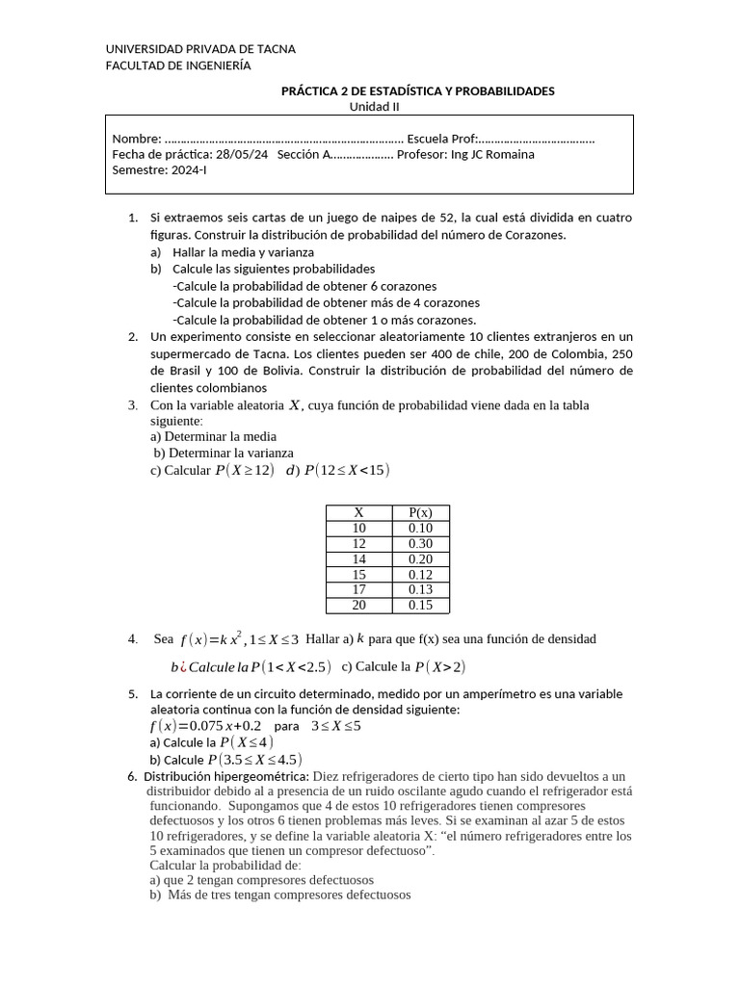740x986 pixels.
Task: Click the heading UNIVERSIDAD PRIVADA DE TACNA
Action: point(200,49)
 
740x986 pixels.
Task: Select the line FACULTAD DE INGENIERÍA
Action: point(177,65)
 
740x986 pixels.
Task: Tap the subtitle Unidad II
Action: point(374,107)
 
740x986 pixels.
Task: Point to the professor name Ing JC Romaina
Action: point(492,154)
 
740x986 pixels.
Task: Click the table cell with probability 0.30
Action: point(420,543)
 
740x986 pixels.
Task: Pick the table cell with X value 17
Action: point(359,589)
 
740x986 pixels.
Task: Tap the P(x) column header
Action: point(420,512)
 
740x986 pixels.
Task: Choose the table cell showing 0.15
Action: point(420,605)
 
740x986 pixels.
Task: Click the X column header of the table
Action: point(359,512)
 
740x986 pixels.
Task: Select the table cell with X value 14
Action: point(359,558)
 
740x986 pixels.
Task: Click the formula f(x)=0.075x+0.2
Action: point(204,725)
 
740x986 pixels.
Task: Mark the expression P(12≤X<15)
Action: point(347,470)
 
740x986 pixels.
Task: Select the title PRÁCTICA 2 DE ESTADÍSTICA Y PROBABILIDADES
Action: point(417,91)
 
